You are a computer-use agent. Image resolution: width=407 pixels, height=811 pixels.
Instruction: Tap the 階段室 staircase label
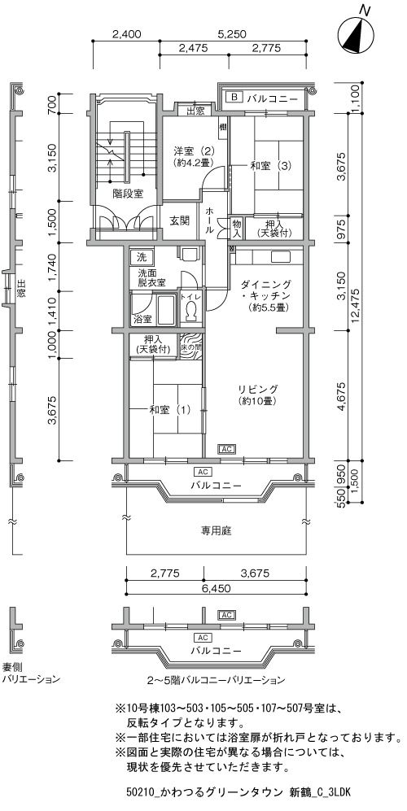pyautogui.click(x=128, y=194)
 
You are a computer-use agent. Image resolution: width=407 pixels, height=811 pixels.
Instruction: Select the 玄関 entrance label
pyautogui.click(x=179, y=220)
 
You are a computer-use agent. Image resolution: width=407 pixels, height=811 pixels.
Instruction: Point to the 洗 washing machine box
pyautogui.click(x=141, y=255)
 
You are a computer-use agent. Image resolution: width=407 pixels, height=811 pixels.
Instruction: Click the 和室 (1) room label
pyautogui.click(x=170, y=410)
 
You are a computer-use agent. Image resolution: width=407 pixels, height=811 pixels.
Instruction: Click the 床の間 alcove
pyautogui.click(x=190, y=346)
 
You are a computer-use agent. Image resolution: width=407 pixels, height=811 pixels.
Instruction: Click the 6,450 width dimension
pyautogui.click(x=217, y=588)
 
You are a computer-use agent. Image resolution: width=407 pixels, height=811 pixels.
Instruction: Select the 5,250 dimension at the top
pyautogui.click(x=232, y=34)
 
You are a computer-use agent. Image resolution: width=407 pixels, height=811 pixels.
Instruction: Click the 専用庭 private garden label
pyautogui.click(x=216, y=530)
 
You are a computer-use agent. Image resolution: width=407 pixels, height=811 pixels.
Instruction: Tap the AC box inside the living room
pyautogui.click(x=227, y=449)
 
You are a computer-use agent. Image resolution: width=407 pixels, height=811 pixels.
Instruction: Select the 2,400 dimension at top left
pyautogui.click(x=126, y=34)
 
